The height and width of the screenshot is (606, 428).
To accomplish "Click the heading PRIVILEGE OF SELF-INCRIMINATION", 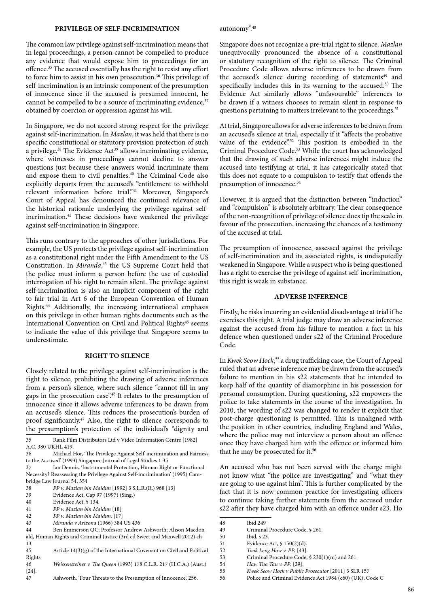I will point(117,29).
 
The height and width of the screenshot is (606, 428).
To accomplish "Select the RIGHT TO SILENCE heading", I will point(117,356).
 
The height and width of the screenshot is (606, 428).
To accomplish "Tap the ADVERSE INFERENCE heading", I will point(311,297).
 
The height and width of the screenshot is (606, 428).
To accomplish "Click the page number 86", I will point(411,590).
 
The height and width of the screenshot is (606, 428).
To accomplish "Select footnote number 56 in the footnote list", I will point(222,578).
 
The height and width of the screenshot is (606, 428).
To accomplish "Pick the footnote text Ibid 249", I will point(256,523).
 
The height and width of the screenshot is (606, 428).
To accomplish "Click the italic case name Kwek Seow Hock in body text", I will point(251,360).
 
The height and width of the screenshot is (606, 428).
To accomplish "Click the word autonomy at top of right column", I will point(234,29).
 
